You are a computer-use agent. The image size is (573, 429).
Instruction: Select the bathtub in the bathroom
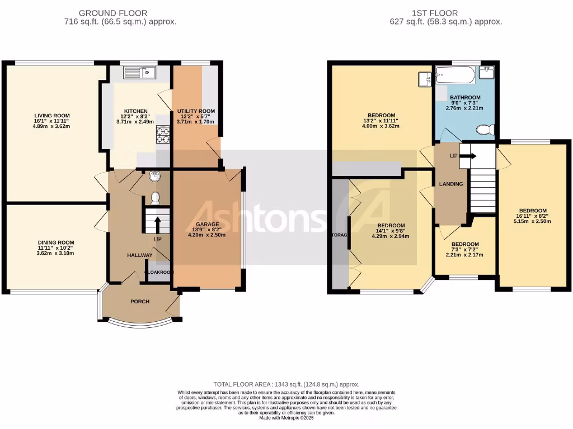455,73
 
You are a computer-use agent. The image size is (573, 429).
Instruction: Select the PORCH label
140,302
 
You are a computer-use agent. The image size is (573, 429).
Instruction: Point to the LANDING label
450,184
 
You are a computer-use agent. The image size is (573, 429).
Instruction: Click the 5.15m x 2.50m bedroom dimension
533,221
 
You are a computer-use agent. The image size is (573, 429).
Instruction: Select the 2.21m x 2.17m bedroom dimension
464,255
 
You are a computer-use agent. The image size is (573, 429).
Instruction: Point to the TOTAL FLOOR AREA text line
286,384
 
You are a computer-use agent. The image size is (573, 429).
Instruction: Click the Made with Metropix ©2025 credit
286,418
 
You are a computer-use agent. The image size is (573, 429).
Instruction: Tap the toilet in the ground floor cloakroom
156,198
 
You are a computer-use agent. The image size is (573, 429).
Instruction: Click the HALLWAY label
140,255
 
